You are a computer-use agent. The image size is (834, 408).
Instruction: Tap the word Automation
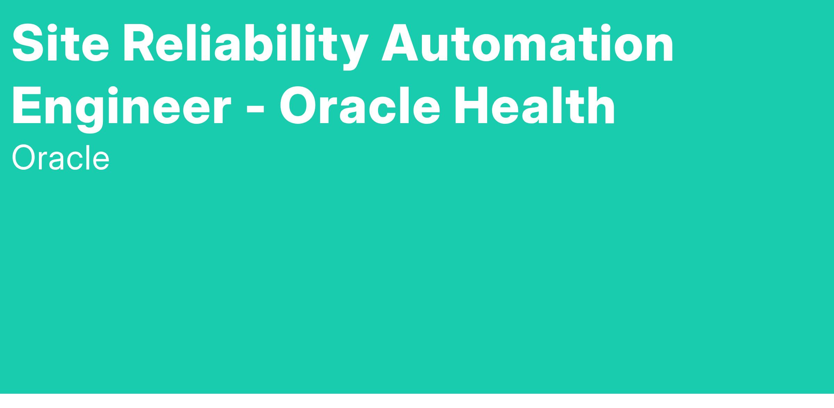tap(528, 43)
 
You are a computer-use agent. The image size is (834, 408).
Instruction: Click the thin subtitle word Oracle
tap(61, 158)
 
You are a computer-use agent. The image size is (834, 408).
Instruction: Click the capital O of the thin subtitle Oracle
tap(24, 158)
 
